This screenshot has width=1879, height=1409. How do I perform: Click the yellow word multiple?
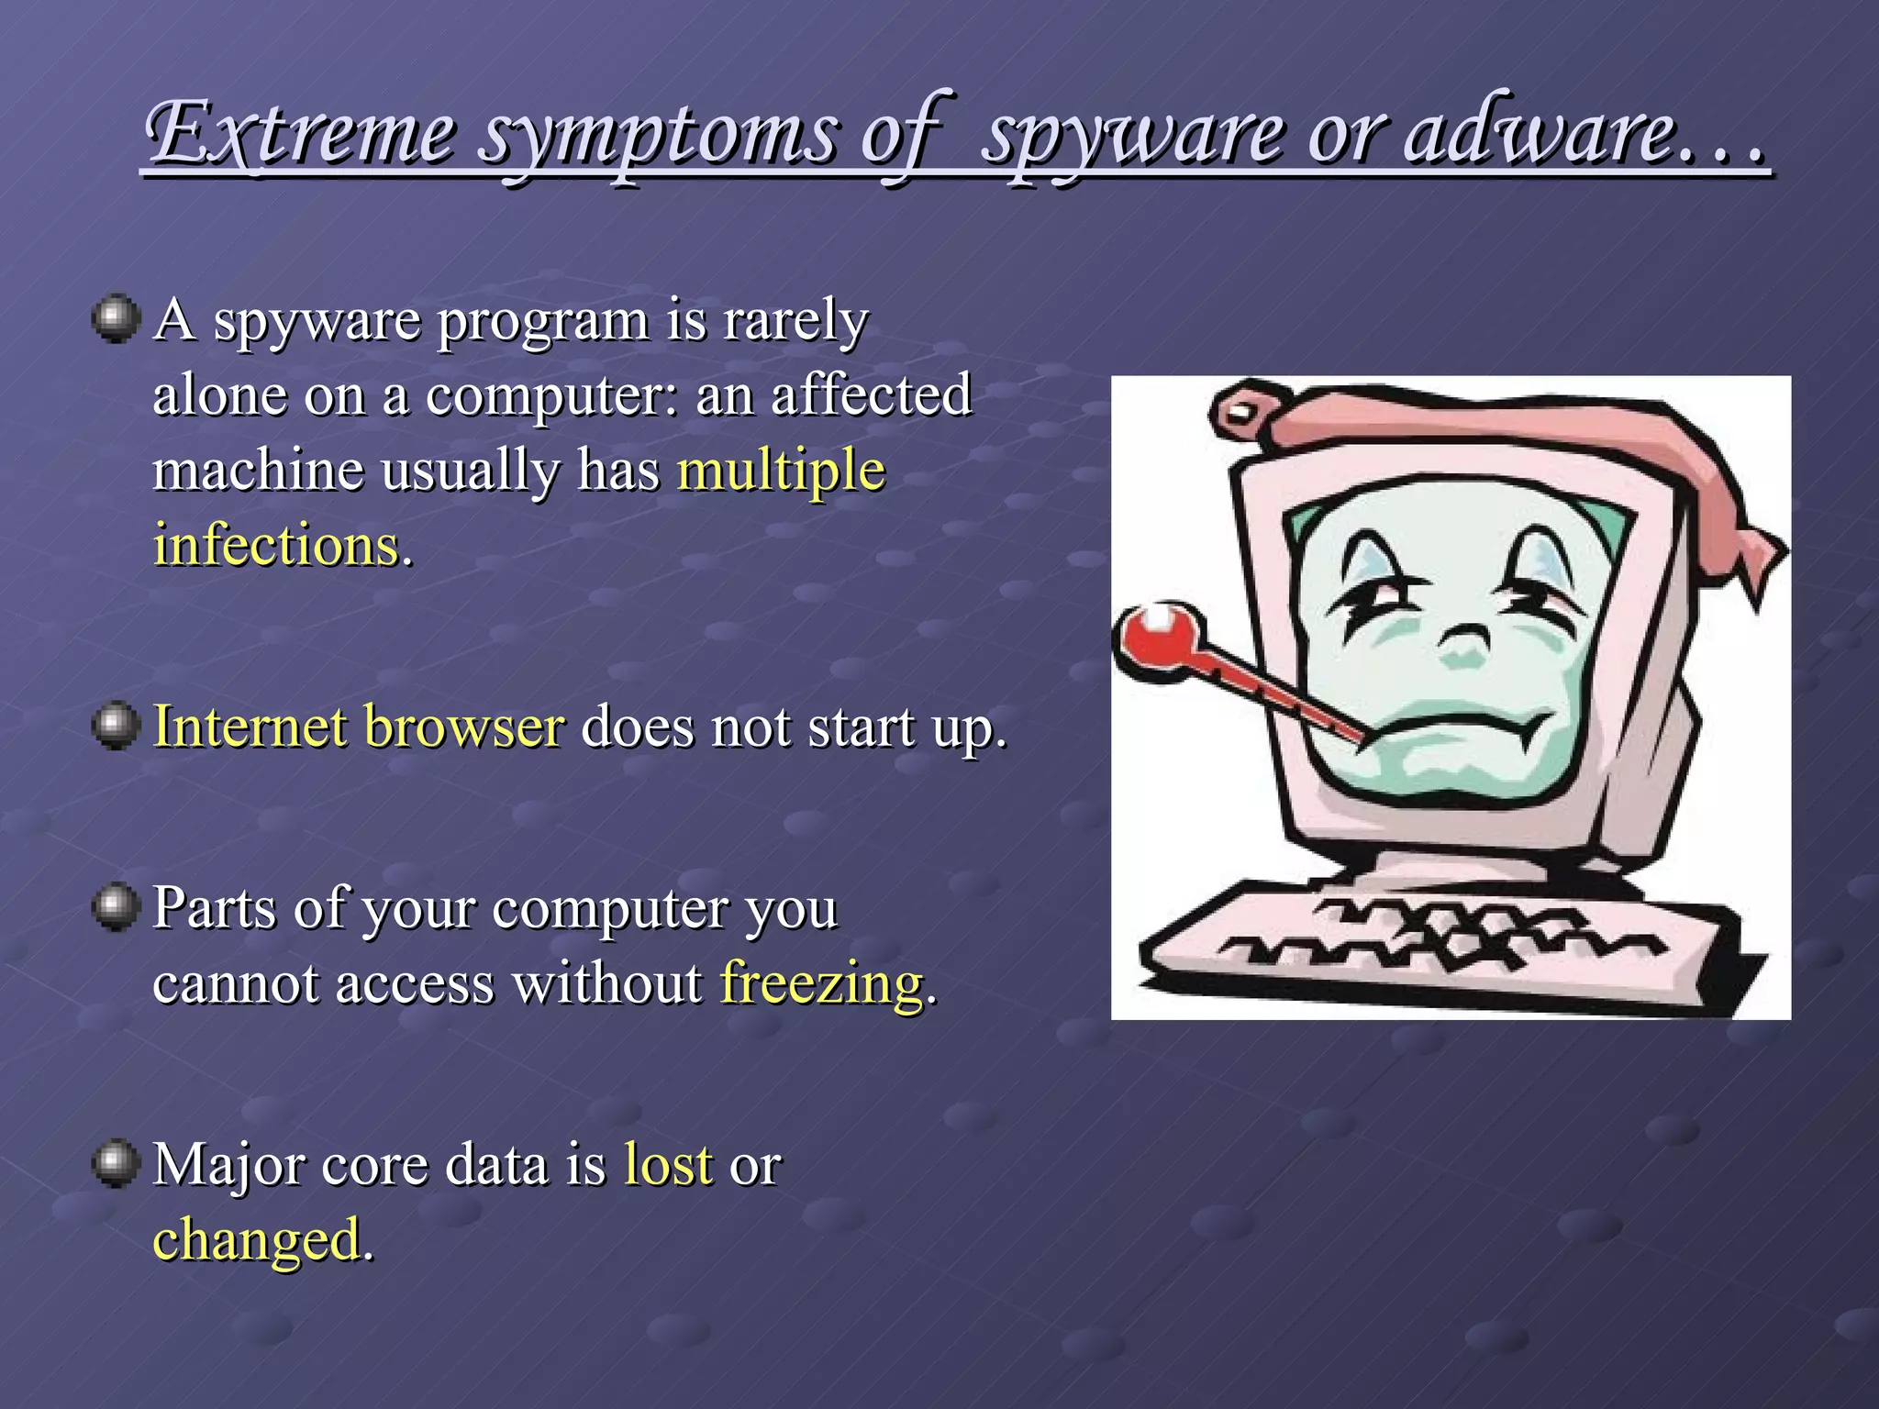click(781, 471)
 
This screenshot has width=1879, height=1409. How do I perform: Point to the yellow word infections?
click(276, 545)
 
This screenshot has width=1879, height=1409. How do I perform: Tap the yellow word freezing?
click(822, 982)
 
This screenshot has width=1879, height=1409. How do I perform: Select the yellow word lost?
click(668, 1164)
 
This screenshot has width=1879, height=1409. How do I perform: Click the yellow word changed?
click(257, 1239)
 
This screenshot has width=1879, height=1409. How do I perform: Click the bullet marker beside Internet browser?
click(116, 727)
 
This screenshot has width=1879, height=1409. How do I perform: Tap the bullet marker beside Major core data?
click(116, 1164)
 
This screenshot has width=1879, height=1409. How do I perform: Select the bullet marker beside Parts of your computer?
click(116, 907)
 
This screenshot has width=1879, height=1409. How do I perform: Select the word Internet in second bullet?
click(250, 727)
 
